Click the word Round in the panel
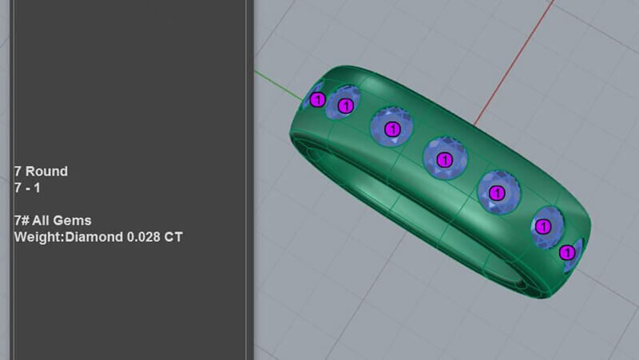click(46, 171)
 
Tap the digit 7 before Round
click(18, 171)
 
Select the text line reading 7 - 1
click(29, 188)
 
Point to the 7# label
click(22, 220)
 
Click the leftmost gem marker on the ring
click(317, 100)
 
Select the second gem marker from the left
click(346, 105)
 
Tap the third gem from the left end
click(391, 129)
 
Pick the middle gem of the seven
click(445, 160)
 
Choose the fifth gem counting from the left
click(497, 192)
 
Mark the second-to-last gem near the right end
click(544, 227)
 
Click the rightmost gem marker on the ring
click(567, 253)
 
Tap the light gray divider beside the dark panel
click(250, 180)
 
